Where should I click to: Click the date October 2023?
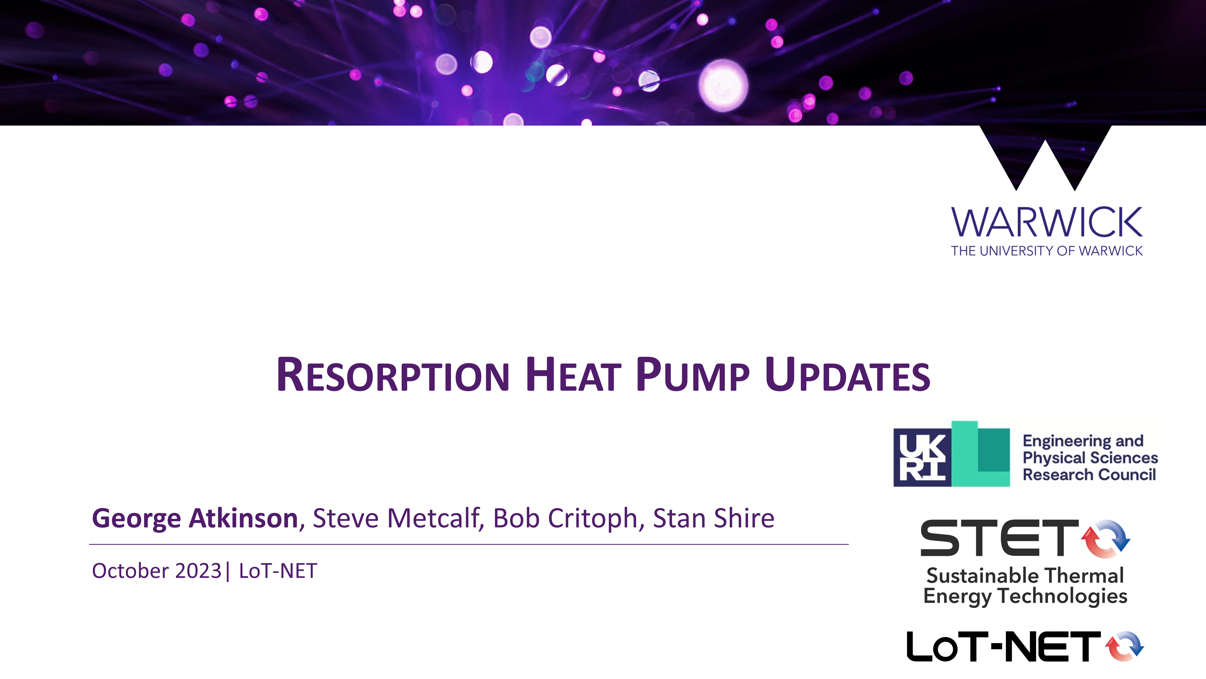(156, 571)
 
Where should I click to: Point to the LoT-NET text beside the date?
(278, 571)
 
